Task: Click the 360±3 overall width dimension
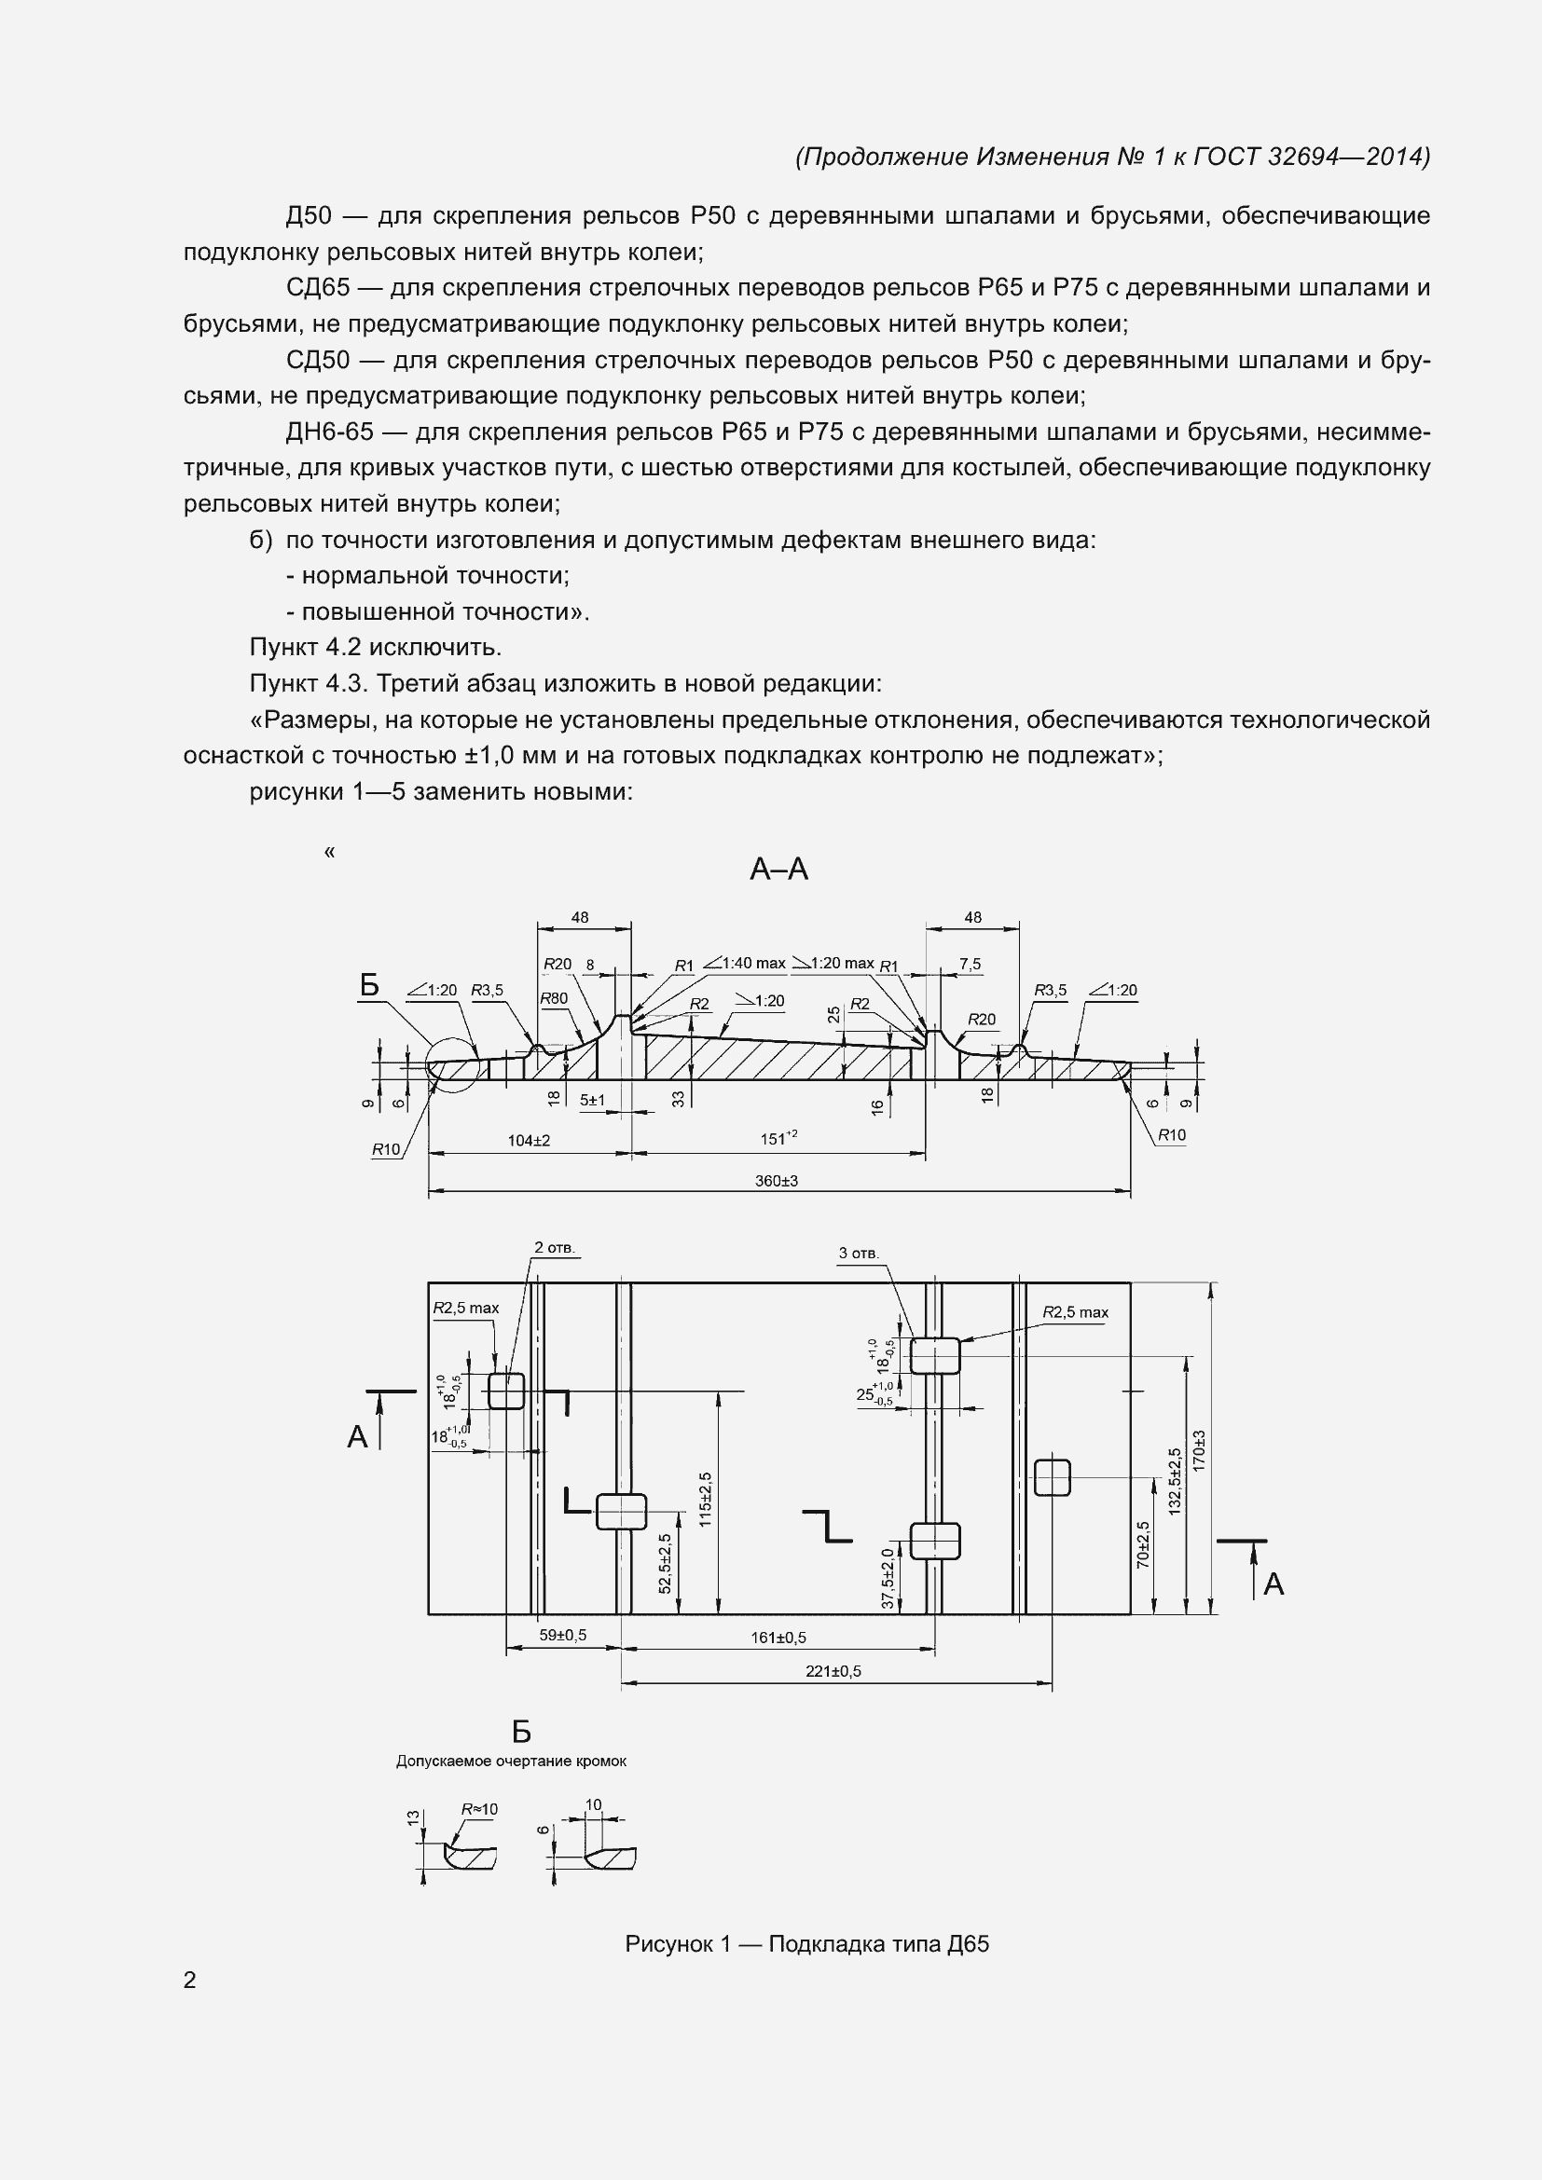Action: (x=776, y=1180)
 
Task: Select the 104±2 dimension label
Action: (x=528, y=1139)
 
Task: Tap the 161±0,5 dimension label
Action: (x=778, y=1637)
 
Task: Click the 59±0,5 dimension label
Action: (x=562, y=1635)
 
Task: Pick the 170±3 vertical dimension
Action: (x=1199, y=1451)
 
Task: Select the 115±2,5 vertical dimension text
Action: (x=705, y=1500)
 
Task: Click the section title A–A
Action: (x=778, y=869)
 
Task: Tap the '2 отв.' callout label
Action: (x=555, y=1248)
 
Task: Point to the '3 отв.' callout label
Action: (x=859, y=1254)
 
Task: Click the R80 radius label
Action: (x=554, y=998)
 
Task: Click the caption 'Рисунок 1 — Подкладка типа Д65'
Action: (x=806, y=1943)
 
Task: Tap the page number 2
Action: (x=190, y=1980)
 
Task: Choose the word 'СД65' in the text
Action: (x=318, y=288)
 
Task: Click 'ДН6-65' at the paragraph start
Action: (x=329, y=432)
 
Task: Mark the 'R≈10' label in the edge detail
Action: (x=478, y=1810)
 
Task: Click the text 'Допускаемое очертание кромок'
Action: (x=511, y=1762)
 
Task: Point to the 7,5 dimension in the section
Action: (x=970, y=964)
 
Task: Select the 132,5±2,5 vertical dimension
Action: (x=1176, y=1481)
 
